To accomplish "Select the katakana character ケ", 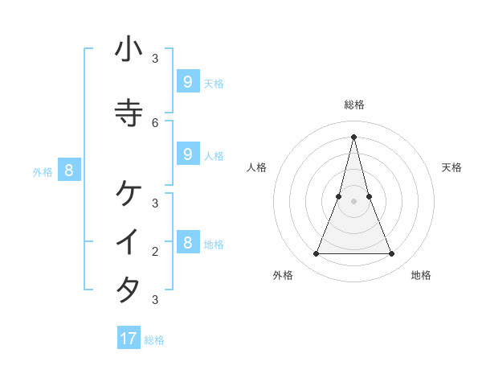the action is [129, 193].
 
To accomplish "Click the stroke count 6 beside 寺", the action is [155, 122].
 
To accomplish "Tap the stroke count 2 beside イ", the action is [155, 251].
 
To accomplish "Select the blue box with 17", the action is [129, 339].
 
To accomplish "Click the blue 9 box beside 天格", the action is [187, 81].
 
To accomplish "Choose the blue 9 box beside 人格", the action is [187, 154].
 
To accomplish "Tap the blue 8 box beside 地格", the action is [187, 242].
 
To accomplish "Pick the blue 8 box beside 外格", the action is [69, 170].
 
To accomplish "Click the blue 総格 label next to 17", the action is [154, 340].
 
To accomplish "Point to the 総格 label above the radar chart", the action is [354, 105].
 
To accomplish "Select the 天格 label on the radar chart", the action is [451, 167].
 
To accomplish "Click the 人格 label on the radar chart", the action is [256, 167].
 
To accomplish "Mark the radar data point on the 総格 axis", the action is [354, 136].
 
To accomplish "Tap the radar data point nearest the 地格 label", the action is [392, 254].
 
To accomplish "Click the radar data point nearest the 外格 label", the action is [316, 254].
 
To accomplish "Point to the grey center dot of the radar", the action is [354, 201].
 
